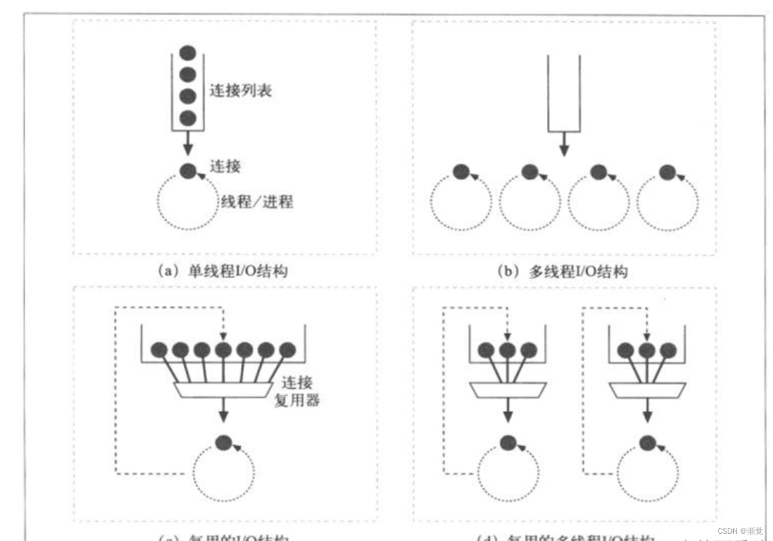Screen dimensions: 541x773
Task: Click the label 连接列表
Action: [241, 90]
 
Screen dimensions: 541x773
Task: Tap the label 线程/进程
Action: [256, 201]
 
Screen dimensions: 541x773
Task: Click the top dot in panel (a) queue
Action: [189, 53]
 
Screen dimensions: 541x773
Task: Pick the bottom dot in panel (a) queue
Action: [189, 118]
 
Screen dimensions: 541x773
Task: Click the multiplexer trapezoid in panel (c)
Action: [224, 389]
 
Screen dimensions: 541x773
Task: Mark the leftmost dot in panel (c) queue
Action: [159, 350]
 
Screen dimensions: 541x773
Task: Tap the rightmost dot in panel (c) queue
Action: [287, 350]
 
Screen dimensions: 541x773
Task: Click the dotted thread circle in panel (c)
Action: [223, 474]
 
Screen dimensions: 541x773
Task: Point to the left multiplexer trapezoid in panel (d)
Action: [508, 389]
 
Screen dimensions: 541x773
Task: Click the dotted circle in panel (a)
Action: [188, 200]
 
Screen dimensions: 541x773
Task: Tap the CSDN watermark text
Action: [740, 531]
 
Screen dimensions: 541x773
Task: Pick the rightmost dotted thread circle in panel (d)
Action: [645, 474]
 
